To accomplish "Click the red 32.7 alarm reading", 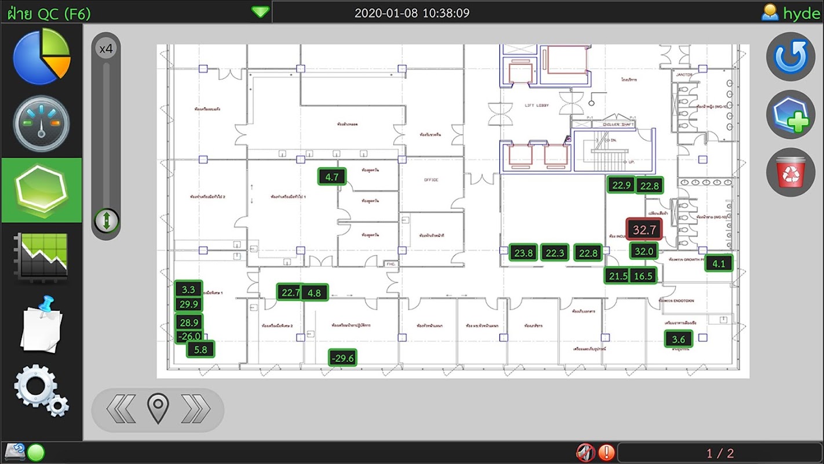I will (644, 230).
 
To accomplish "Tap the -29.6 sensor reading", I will (342, 358).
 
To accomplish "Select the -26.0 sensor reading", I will (189, 336).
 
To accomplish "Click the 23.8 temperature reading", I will (523, 253).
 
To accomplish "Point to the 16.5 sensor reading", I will (643, 276).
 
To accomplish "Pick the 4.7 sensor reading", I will (332, 177).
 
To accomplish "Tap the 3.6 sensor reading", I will (678, 339).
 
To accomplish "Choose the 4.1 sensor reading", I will (719, 263).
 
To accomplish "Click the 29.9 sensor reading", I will (189, 304).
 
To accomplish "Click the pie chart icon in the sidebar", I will (41, 56).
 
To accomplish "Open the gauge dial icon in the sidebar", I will (41, 124).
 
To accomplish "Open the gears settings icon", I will (41, 390).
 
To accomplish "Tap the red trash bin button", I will (790, 172).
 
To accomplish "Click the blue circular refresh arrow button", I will (790, 56).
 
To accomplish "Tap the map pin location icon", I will (158, 408).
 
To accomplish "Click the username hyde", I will (801, 13).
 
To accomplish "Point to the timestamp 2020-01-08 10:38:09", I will (412, 13).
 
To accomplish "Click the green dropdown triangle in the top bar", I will (260, 12).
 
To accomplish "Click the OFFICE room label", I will (431, 180).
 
